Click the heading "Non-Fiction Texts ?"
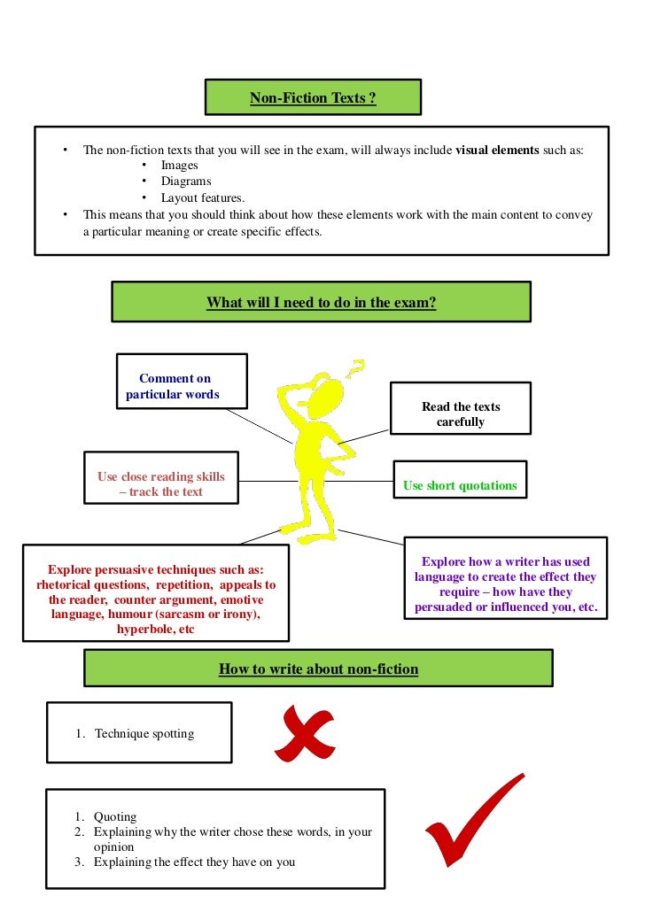[x=313, y=97]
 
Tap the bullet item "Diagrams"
[x=185, y=182]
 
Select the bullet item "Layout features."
[x=202, y=197]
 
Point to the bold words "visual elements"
[x=497, y=150]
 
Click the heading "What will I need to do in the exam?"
[x=321, y=302]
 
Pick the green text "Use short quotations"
[x=460, y=485]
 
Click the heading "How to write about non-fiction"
[x=318, y=669]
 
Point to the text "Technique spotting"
[x=144, y=733]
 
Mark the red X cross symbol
[x=304, y=735]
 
